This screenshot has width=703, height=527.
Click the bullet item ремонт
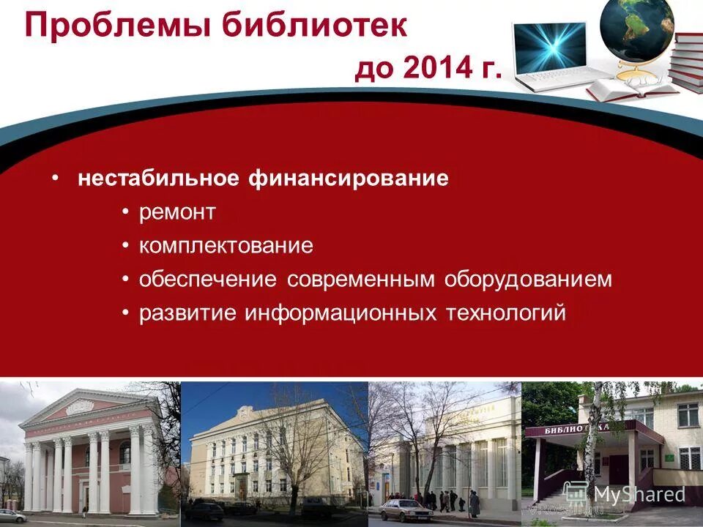pyautogui.click(x=177, y=212)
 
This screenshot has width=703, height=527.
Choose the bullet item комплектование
pyautogui.click(x=226, y=246)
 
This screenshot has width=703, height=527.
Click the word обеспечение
pyautogui.click(x=208, y=280)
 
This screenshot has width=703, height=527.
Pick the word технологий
pyautogui.click(x=505, y=313)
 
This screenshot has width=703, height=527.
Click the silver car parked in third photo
pyautogui.click(x=406, y=509)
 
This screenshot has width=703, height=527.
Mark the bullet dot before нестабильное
pyautogui.click(x=56, y=179)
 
